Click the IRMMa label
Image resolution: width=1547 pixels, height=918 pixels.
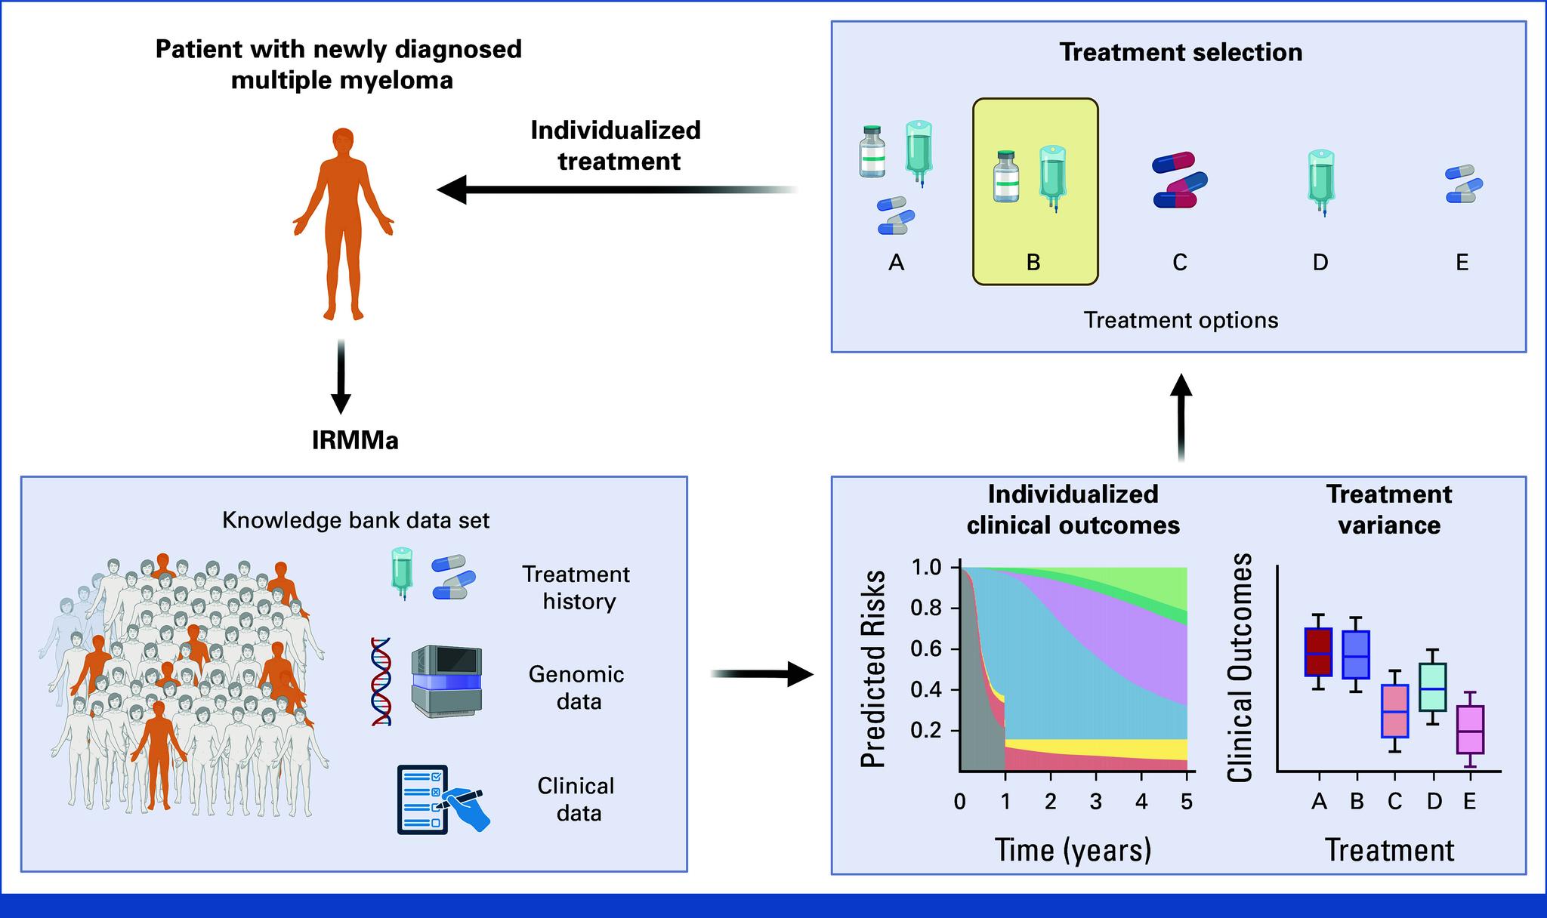coord(355,440)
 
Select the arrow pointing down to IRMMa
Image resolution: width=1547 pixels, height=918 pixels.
coord(341,377)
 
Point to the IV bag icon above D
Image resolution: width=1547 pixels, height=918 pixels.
coord(1321,181)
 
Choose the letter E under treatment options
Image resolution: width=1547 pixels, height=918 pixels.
coord(1462,263)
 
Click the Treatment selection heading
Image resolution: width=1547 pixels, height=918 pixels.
coord(1181,52)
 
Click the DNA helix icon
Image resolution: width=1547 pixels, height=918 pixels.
coord(381,682)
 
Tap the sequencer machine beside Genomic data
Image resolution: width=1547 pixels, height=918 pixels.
coord(446,682)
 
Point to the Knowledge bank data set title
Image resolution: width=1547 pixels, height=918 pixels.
coord(356,520)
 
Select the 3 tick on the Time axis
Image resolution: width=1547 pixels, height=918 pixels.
coord(1096,801)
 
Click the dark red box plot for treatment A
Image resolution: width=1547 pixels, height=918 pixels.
coord(1319,652)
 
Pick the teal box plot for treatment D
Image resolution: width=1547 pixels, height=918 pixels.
coord(1434,687)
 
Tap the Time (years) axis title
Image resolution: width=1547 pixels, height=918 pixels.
coord(1073,850)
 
